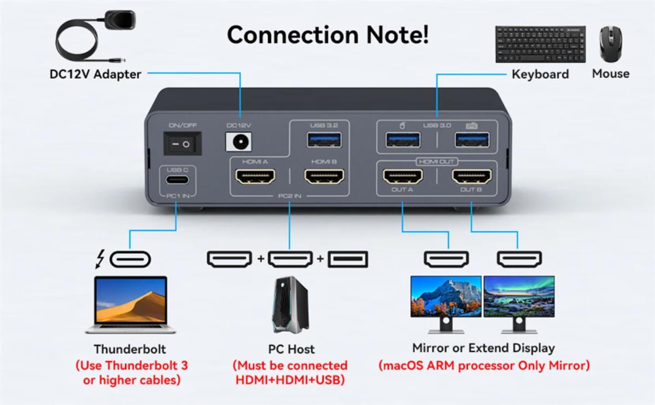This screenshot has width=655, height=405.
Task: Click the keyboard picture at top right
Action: [x=540, y=44]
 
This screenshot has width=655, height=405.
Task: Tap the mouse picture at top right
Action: [x=611, y=45]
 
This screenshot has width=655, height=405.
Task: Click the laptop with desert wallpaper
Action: [x=131, y=303]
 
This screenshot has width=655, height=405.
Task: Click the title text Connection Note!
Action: [x=327, y=34]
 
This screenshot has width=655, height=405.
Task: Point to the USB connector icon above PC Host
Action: [x=348, y=259]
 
